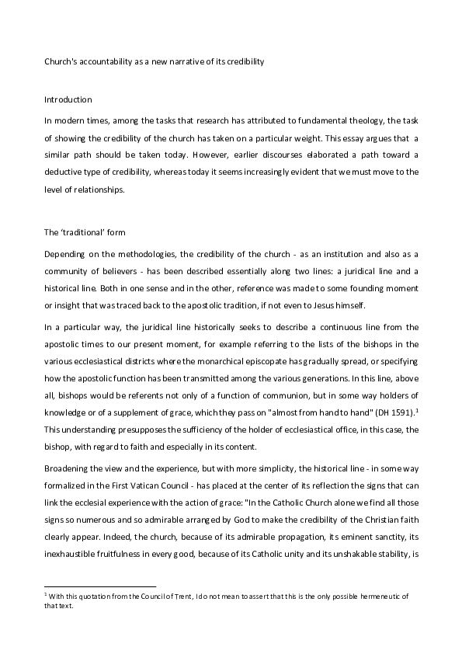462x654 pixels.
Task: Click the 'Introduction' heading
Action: point(68,99)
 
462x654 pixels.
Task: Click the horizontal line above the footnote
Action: point(100,586)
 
